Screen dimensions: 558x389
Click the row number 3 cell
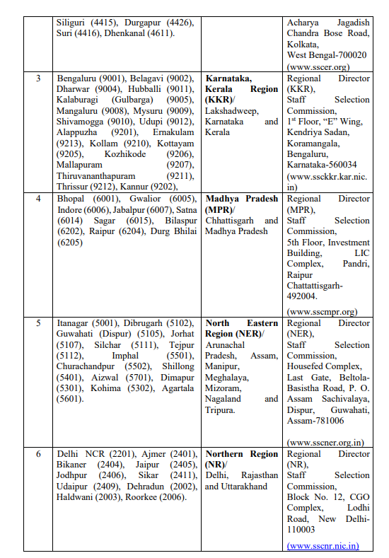(x=39, y=78)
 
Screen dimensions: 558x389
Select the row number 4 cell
(x=39, y=199)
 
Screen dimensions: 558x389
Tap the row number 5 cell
(x=39, y=322)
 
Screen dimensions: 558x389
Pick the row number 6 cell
(x=39, y=453)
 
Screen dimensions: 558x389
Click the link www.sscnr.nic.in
(x=323, y=545)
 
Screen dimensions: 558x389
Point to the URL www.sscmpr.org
(x=322, y=310)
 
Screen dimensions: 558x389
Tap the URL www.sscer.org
(x=318, y=66)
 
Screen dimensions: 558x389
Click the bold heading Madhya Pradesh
(x=241, y=199)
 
